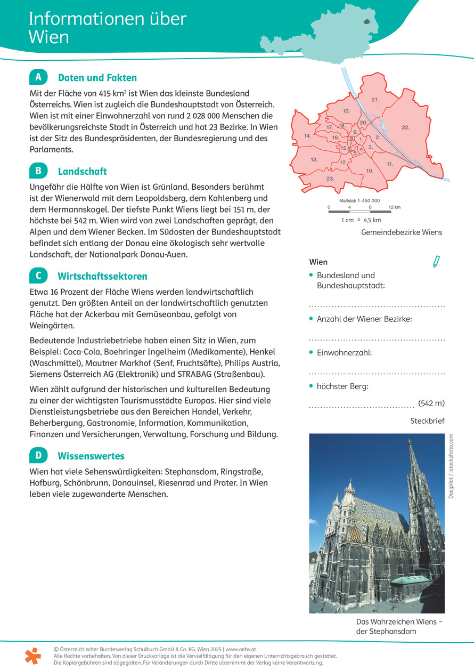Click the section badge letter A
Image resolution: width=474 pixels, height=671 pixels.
pos(38,77)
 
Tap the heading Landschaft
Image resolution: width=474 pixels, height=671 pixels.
pos(82,172)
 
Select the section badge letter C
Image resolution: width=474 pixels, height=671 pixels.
pos(38,276)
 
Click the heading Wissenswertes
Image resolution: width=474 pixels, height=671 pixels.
pos(91,456)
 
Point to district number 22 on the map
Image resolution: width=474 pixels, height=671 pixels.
pos(405,127)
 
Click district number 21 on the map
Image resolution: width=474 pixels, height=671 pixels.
pos(375,100)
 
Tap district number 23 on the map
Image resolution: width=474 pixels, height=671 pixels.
pos(330,179)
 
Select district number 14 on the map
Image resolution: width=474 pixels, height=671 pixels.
pos(307,136)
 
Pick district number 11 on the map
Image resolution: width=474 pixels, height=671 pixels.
pos(390,164)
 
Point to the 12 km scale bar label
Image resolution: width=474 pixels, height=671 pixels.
pos(394,207)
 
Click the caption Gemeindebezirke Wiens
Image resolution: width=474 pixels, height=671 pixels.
pos(402,232)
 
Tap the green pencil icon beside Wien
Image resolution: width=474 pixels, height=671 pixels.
pos(437,262)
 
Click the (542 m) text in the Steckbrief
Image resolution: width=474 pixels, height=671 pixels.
pos(431,403)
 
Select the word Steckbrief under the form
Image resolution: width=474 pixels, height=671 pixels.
pos(427,421)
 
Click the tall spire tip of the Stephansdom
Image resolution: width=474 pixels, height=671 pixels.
pos(410,441)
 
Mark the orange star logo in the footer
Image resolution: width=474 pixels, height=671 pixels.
pos(32,656)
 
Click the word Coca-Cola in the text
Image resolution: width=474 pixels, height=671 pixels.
pos(82,351)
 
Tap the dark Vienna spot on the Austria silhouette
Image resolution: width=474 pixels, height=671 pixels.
pos(367,22)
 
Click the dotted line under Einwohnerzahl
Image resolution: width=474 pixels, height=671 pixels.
pos(377,374)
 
